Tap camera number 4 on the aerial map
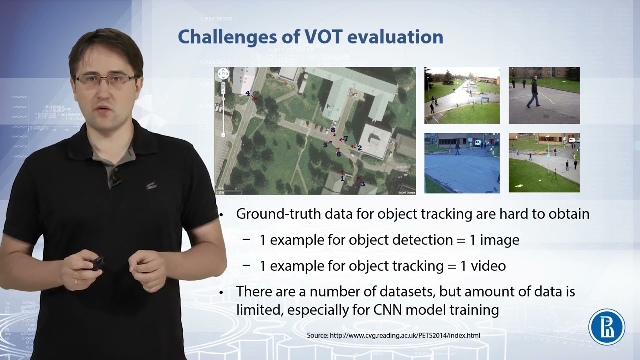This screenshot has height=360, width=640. (x=248, y=93)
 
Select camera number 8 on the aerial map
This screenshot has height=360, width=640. (x=333, y=130)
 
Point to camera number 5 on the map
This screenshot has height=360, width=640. (x=325, y=145)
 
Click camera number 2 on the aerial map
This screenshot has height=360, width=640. (x=359, y=148)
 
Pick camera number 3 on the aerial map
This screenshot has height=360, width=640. (x=362, y=184)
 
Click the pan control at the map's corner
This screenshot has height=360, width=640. (x=223, y=74)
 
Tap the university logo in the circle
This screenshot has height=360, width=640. (x=606, y=327)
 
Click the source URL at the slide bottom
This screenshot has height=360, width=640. (x=393, y=335)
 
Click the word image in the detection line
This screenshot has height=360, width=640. (x=499, y=240)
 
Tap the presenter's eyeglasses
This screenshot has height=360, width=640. (x=105, y=79)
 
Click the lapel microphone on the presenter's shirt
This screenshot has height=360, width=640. (x=116, y=181)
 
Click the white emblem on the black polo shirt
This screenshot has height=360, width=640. (x=151, y=186)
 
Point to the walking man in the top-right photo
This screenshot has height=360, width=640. (x=534, y=92)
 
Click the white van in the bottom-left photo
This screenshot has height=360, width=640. (x=478, y=143)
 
